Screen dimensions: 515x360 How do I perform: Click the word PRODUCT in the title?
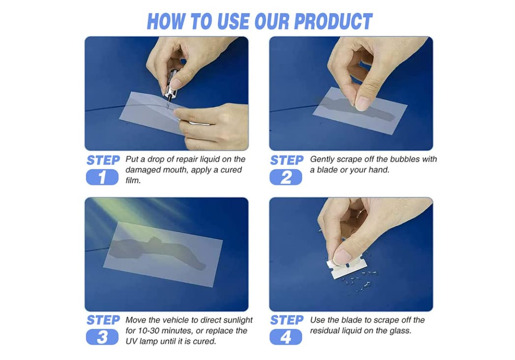pos(333,22)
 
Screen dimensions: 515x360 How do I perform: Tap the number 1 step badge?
pos(102,178)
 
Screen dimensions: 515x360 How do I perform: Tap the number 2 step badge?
pos(286,178)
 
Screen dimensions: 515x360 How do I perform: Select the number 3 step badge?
pos(102,337)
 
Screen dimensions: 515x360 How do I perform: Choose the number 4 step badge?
pos(286,337)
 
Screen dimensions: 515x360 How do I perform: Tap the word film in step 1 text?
pos(133,180)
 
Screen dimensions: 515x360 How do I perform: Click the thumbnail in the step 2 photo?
pos(363,103)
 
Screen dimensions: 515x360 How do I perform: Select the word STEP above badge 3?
pos(103,320)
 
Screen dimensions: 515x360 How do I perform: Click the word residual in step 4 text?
pos(327,331)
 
